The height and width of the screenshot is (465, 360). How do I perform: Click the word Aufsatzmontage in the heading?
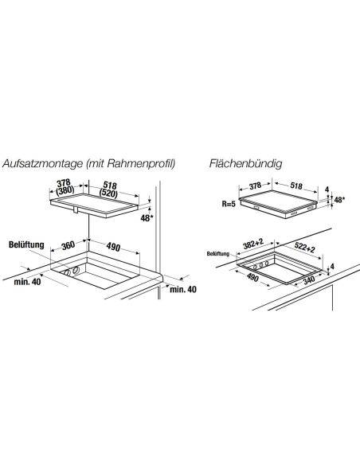tap(43, 164)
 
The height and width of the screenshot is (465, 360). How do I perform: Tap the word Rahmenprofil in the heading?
tap(140, 163)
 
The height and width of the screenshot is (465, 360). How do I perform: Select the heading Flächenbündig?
tap(246, 164)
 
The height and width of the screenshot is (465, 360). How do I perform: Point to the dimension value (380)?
tap(65, 190)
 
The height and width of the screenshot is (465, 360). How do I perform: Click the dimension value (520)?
tap(108, 193)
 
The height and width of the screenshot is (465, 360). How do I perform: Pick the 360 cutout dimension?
tap(68, 245)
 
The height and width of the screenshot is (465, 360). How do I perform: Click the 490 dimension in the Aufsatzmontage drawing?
tap(113, 247)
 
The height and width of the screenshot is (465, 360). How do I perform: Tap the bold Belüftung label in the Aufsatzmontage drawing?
tap(26, 244)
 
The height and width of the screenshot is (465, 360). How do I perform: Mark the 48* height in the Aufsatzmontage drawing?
tap(147, 218)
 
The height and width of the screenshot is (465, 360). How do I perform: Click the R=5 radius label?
tap(229, 204)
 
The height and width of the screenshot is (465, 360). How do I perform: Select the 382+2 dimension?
tap(253, 244)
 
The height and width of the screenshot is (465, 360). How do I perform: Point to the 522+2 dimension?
tap(305, 248)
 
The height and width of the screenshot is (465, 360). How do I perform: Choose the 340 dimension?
tap(309, 280)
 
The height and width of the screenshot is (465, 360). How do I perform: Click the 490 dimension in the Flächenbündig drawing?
tap(252, 277)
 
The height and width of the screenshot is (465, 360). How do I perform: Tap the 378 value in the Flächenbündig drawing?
tap(255, 186)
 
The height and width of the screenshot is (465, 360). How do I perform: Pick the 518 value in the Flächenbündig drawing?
tap(296, 186)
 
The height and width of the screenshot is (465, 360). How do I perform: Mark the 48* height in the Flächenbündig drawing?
tap(339, 200)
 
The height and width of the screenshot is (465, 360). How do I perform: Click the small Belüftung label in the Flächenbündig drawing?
tap(218, 254)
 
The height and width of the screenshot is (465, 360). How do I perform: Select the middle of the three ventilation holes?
tap(261, 264)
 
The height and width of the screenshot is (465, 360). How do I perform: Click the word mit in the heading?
tap(96, 163)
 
